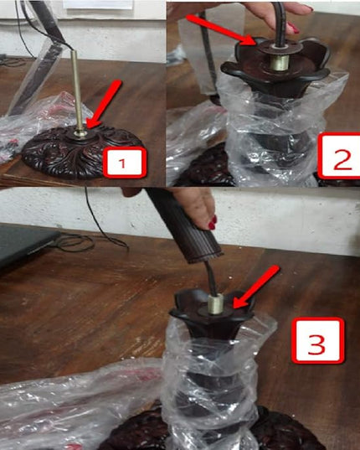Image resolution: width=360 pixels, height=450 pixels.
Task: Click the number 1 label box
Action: point(125,162)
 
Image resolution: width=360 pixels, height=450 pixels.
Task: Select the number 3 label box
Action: point(317,341)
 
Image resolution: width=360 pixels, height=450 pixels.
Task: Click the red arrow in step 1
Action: point(105,104)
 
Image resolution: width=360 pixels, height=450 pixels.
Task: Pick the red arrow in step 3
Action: point(255,287)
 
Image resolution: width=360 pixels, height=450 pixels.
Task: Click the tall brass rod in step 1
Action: point(77,91)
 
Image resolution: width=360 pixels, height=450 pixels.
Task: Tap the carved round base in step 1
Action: point(83,152)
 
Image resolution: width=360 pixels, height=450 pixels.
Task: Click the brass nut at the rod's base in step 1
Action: point(80,133)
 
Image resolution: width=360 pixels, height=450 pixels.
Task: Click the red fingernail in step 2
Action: point(293,28)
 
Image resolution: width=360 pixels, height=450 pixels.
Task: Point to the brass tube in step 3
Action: point(216,305)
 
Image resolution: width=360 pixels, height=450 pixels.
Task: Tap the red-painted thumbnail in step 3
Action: point(212,223)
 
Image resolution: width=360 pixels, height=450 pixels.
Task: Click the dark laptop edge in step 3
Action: point(28,244)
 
